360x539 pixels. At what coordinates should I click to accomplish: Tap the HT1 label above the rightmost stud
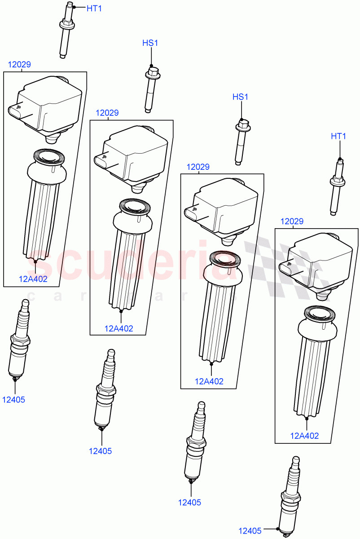point(338,136)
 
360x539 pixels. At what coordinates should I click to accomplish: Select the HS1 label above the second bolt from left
point(150,43)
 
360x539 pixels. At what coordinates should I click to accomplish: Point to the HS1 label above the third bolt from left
point(240,97)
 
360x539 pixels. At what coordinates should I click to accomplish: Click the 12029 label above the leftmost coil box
point(19,65)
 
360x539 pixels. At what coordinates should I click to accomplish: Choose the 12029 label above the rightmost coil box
point(292,221)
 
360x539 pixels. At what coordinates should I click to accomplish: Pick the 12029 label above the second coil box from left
point(107,113)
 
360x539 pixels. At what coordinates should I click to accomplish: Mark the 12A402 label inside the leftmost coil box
point(33,278)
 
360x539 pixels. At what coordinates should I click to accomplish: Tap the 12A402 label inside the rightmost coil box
point(305,435)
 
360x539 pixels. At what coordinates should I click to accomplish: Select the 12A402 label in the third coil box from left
point(209,381)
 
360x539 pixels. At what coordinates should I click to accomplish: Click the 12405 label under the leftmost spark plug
point(14,399)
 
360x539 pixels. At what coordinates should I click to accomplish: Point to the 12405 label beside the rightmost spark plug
point(250,531)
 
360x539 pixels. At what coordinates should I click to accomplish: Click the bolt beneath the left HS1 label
point(150,90)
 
